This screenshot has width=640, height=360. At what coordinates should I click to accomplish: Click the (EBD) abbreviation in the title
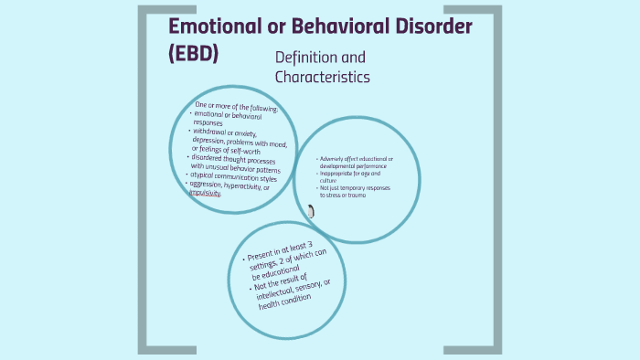(194, 53)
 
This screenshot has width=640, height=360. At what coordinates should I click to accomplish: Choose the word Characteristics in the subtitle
(323, 78)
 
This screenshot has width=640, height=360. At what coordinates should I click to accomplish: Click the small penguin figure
(311, 212)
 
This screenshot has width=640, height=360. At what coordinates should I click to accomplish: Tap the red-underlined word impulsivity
(207, 192)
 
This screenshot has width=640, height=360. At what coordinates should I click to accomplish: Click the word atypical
(208, 174)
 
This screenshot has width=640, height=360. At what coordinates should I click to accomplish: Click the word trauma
(357, 196)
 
